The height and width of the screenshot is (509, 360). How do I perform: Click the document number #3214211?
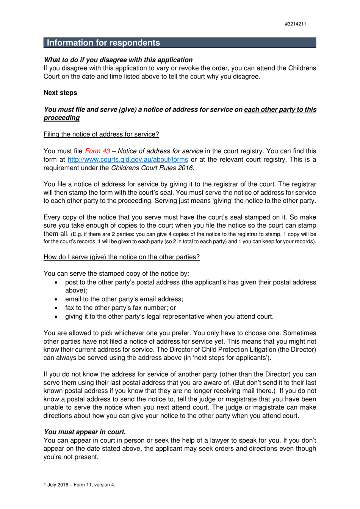(x=295, y=24)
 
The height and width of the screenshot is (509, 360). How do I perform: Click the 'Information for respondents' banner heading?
(x=103, y=43)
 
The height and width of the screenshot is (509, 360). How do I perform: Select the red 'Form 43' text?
(x=97, y=151)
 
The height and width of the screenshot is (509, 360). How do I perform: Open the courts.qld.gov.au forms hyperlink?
(x=128, y=160)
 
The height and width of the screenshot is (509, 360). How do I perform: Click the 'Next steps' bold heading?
(x=60, y=93)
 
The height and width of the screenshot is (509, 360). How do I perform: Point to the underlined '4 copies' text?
(x=179, y=234)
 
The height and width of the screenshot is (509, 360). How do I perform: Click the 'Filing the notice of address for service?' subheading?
(x=101, y=134)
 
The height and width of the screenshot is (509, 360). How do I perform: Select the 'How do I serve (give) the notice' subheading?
(x=121, y=257)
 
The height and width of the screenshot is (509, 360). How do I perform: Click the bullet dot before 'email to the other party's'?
(x=56, y=300)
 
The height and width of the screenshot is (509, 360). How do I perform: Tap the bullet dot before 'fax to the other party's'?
(x=56, y=308)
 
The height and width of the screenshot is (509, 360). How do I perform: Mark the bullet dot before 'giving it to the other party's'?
(x=56, y=317)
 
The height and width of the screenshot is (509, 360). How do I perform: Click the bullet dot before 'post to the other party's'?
(x=56, y=283)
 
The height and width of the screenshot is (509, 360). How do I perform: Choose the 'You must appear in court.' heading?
(x=85, y=432)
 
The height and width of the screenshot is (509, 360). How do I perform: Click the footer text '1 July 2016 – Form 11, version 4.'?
(x=79, y=485)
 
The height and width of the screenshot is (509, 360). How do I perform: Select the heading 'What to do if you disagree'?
(x=118, y=60)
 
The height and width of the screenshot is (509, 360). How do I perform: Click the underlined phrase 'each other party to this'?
(x=280, y=110)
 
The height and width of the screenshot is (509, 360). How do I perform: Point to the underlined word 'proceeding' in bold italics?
(x=61, y=118)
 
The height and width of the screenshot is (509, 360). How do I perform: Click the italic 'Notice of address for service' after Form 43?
(x=160, y=151)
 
